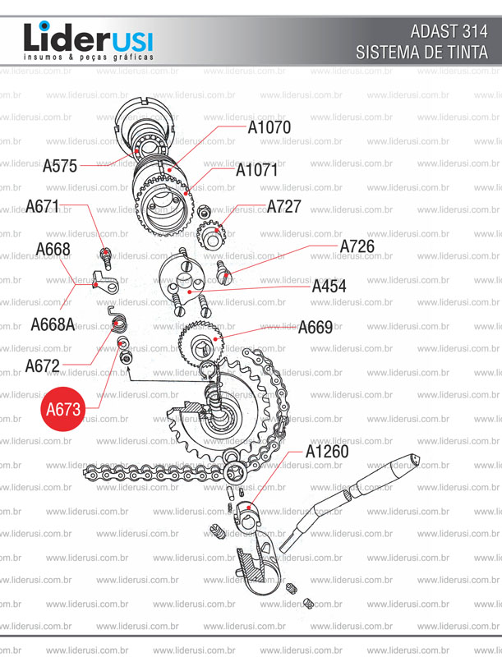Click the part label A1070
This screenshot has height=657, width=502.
click(269, 127)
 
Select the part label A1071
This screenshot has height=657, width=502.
click(256, 170)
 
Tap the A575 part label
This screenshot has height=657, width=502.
click(60, 167)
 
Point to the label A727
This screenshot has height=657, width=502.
click(283, 207)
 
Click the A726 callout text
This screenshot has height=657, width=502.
click(357, 247)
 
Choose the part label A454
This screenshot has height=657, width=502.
click(329, 287)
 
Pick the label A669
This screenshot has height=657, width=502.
click(315, 327)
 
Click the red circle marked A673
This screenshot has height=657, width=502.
click(63, 408)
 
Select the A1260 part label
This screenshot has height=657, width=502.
click(327, 452)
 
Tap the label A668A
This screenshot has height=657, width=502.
click(53, 324)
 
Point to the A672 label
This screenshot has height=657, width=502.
click(43, 366)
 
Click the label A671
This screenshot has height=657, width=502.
click(43, 207)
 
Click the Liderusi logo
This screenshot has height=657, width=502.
click(89, 41)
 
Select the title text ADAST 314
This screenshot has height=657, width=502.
click(449, 32)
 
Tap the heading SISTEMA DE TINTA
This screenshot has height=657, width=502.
click(422, 53)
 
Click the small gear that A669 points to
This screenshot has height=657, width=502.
click(201, 342)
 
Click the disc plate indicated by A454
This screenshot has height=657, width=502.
click(182, 279)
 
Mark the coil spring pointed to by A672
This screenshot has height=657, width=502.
click(117, 319)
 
